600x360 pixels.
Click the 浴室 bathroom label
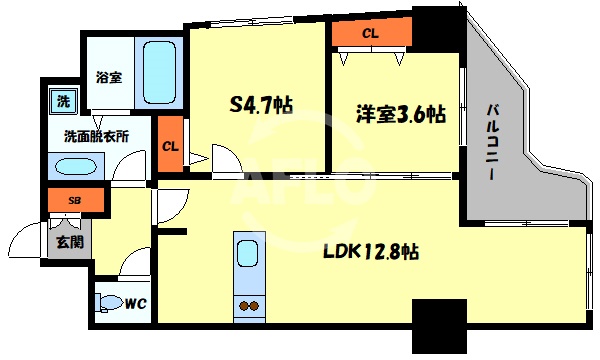click(109, 76)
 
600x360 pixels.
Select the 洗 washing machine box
click(62, 100)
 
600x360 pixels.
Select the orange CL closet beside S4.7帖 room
click(170, 145)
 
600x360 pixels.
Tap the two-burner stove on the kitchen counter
click(246, 304)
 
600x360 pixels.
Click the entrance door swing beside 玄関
click(25, 241)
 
